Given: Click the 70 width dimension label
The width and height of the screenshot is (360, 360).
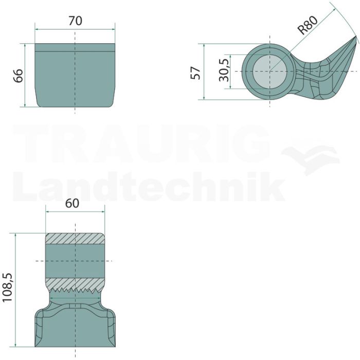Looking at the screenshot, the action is [75, 21].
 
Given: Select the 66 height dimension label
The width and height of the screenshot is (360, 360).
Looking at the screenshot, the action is [19, 75].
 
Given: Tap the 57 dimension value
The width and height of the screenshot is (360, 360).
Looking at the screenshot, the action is [195, 73].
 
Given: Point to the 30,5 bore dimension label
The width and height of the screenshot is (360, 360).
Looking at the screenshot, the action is [224, 70].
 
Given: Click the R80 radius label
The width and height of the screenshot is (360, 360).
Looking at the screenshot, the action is [308, 25].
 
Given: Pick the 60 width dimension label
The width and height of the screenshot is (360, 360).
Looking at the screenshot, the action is [72, 204].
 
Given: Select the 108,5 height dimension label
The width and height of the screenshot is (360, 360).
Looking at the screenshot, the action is [7, 287].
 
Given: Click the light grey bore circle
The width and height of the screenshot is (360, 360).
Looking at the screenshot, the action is [270, 71].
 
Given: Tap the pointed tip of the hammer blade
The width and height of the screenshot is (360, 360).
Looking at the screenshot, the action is [356, 37].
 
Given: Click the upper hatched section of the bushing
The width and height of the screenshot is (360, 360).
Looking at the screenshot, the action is [75, 239].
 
